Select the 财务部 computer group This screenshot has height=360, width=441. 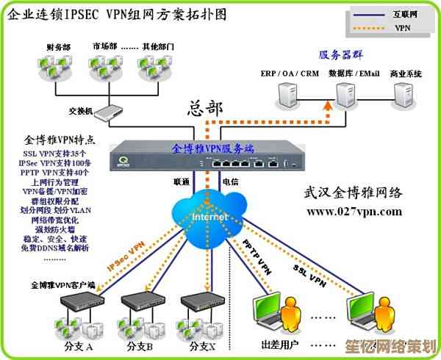pos(57,68)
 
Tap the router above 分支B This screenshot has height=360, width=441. pos(139,301)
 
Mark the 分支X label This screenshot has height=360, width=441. pos(201,345)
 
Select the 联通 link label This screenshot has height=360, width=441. pos(182,181)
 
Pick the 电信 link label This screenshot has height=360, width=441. pos(229,181)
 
